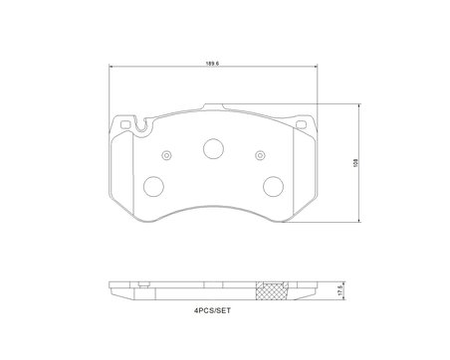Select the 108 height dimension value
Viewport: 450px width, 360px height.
[x=356, y=163]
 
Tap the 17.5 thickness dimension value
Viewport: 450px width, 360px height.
[x=339, y=291]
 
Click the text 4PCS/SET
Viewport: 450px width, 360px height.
[x=212, y=311]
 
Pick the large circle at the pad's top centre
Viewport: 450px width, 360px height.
[x=213, y=148]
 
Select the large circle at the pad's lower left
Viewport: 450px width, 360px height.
[x=153, y=186]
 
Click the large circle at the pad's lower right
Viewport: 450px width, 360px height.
[x=273, y=186]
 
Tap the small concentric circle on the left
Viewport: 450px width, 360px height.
[x=166, y=155]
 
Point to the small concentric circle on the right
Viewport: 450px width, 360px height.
[x=260, y=155]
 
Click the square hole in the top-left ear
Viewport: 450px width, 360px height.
[x=125, y=124]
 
